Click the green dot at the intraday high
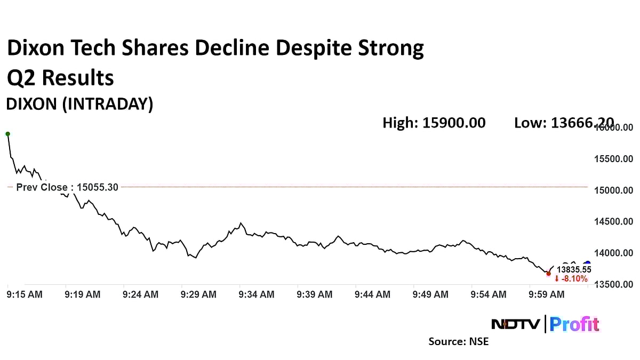[7, 134]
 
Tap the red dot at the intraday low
[548, 274]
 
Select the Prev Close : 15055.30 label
[67, 187]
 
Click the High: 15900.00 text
[434, 123]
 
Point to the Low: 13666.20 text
[563, 123]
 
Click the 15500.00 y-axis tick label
[613, 159]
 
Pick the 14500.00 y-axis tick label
[613, 221]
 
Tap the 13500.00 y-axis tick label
[613, 284]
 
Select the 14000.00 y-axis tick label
[613, 253]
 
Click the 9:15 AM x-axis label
[25, 294]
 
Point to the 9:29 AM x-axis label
[198, 294]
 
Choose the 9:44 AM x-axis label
[372, 294]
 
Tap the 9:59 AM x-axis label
[546, 294]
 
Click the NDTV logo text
[515, 324]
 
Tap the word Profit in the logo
[574, 324]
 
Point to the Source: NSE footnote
[458, 341]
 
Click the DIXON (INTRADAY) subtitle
[79, 104]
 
